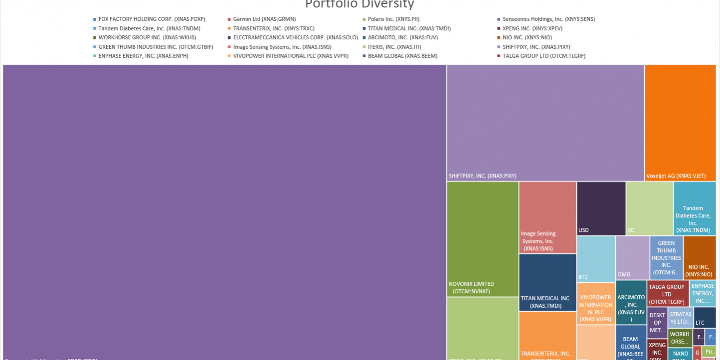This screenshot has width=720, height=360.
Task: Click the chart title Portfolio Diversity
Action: click(359, 4)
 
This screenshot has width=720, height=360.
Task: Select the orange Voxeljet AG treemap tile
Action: click(680, 122)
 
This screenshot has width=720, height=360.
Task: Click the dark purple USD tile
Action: click(601, 208)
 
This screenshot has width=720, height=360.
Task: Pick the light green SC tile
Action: click(649, 208)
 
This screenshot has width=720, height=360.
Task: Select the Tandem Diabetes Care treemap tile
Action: click(694, 208)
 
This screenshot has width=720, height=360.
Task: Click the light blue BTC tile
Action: click(596, 259)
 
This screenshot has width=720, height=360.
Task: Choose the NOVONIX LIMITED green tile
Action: click(482, 239)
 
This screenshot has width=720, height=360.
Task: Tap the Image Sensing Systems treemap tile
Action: click(547, 217)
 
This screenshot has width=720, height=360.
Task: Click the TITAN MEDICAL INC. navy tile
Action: click(547, 282)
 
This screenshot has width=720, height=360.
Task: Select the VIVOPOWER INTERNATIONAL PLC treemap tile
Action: click(595, 303)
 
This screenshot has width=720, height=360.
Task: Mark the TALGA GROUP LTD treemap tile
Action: click(667, 294)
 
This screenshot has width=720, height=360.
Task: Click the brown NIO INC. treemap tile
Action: click(699, 257)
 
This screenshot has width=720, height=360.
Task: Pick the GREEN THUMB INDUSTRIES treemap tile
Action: click(666, 257)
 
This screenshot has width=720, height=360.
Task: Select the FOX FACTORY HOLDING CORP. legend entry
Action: click(152, 19)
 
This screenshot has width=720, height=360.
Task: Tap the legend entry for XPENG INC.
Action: click(532, 28)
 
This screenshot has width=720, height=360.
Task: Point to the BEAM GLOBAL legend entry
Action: click(402, 56)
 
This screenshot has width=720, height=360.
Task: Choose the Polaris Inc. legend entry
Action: click(389, 19)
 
